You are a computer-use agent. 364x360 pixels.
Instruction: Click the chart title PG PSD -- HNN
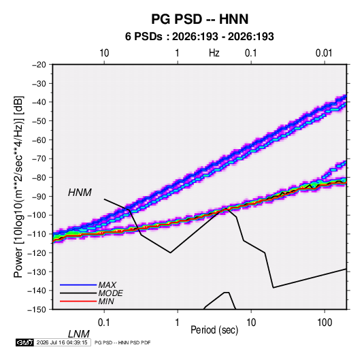200,19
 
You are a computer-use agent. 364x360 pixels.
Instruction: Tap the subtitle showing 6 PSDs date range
199,37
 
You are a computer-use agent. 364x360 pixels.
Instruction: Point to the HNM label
80,193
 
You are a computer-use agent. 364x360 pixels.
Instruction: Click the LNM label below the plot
79,334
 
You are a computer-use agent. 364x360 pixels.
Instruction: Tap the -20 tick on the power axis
39,65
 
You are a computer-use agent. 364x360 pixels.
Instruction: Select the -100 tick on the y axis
37,215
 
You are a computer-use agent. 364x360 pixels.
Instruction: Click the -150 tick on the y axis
37,310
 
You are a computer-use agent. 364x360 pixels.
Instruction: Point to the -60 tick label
39,140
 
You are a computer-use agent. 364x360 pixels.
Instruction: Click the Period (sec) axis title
214,330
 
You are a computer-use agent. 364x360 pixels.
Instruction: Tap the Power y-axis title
18,187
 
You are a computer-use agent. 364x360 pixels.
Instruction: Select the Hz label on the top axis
214,53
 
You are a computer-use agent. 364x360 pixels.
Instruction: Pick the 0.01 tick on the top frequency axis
324,53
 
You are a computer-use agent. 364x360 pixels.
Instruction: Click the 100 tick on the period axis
325,323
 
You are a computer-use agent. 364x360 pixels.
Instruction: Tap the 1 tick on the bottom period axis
178,323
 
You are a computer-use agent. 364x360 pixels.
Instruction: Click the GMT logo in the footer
25,342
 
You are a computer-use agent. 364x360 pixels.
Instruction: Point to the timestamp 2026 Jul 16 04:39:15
62,342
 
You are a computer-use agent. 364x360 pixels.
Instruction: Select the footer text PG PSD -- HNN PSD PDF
122,342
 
